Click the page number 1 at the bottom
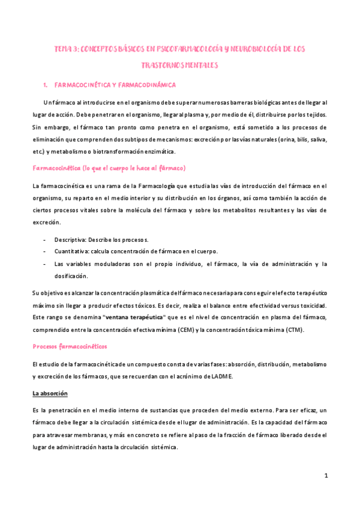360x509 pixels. click(x=326, y=475)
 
